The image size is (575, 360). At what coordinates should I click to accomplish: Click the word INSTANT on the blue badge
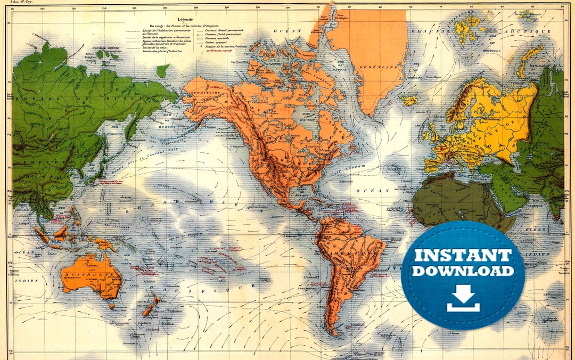(x=463, y=255)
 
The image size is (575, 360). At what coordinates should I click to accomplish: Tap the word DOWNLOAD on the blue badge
(x=463, y=271)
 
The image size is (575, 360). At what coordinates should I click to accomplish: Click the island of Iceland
(x=408, y=100)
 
